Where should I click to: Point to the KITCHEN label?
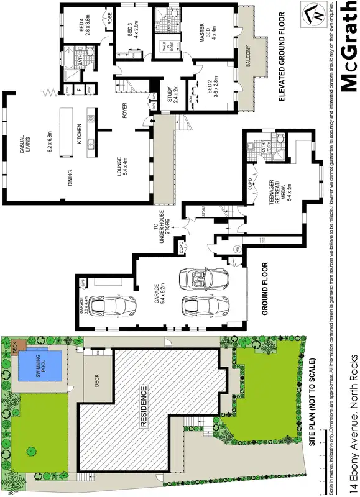pos(80,134)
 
